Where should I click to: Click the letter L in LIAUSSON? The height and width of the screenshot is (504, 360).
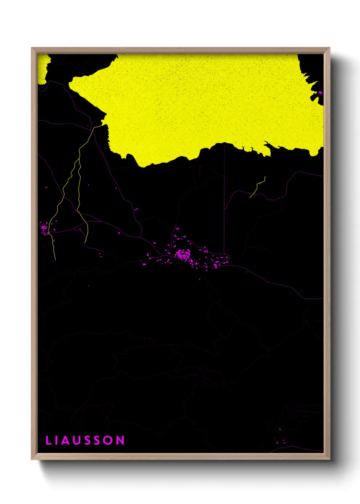tap(48, 440)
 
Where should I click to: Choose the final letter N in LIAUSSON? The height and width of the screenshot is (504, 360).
tap(120, 440)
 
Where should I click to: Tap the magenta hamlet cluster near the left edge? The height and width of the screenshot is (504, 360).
tap(44, 229)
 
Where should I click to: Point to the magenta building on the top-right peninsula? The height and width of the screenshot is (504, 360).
tap(320, 92)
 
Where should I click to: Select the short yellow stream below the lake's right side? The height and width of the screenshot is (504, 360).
tap(258, 187)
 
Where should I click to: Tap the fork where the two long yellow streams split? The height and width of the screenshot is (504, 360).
tap(80, 150)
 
